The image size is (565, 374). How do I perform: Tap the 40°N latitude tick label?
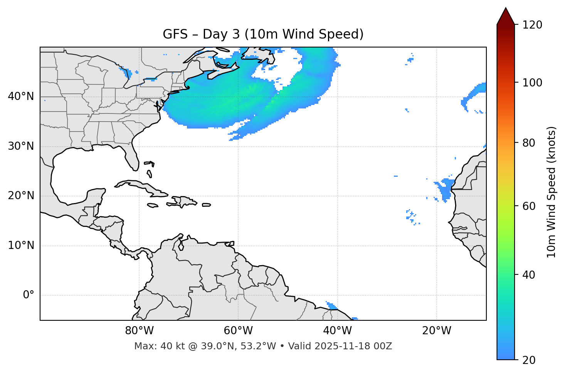(21, 96)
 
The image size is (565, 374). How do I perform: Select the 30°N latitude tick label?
(21, 146)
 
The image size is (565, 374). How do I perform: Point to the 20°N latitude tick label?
(21, 196)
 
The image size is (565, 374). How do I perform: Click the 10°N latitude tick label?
(21, 245)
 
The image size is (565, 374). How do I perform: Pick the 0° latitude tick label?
(29, 295)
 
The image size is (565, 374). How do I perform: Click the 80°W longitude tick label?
(139, 331)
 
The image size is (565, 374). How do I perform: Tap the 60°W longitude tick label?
(238, 331)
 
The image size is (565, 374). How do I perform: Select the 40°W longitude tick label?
(337, 331)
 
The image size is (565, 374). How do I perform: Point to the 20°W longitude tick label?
(436, 331)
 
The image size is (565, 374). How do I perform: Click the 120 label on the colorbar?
(532, 25)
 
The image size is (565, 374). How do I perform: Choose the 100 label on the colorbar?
(532, 83)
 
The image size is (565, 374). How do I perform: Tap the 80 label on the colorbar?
(529, 143)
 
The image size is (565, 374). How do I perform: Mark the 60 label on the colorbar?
(529, 206)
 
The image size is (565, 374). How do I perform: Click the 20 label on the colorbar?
(529, 360)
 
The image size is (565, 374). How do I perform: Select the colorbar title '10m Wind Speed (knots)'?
(552, 192)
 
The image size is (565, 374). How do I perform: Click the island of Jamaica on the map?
(153, 205)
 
